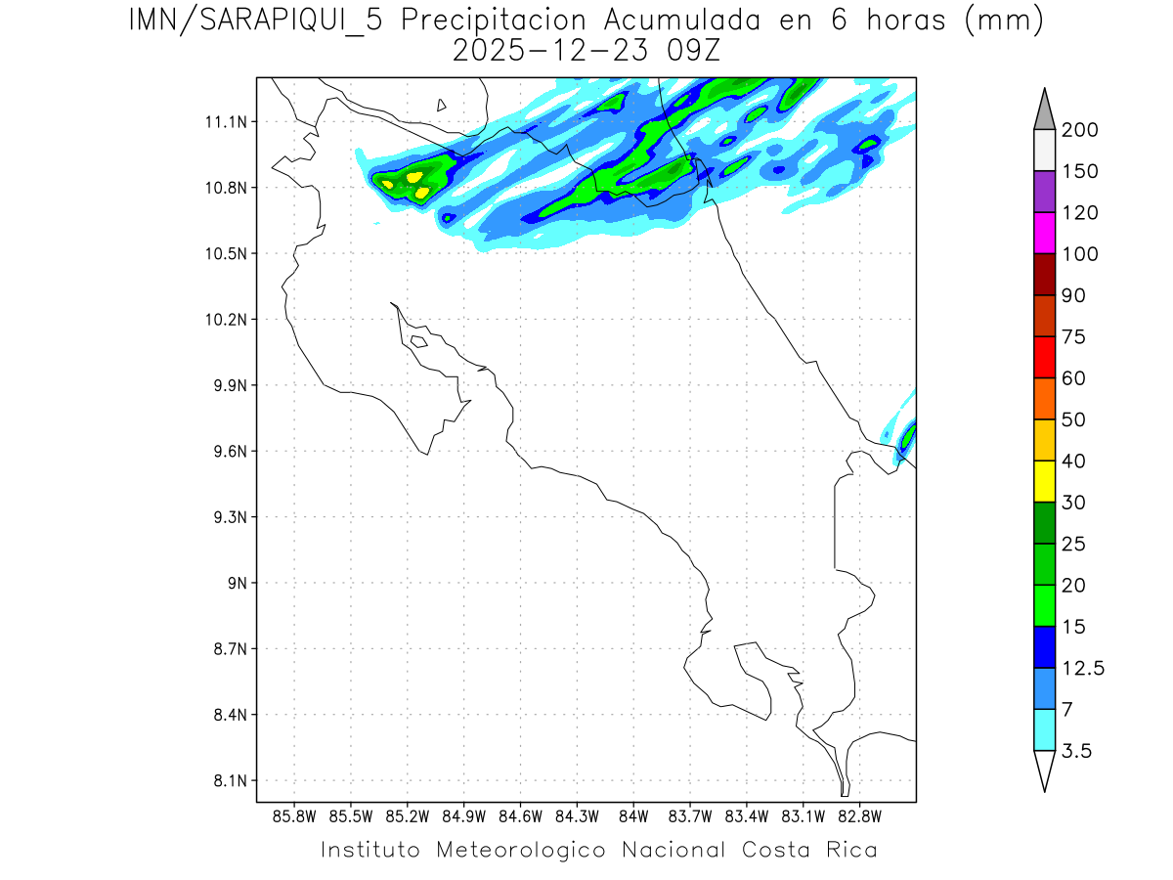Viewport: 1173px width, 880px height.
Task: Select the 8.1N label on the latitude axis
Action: tap(227, 781)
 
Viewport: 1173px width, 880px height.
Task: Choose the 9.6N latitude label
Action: tap(227, 452)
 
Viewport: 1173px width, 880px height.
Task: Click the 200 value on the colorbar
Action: tap(1079, 130)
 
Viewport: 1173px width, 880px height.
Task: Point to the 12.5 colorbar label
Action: tap(1083, 668)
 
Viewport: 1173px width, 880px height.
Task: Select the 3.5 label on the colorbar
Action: tap(1076, 751)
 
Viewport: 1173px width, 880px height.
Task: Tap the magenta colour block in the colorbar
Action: tap(1044, 233)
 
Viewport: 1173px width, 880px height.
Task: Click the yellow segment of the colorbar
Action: tap(1044, 481)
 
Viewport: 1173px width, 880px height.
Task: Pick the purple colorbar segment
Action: tap(1044, 192)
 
